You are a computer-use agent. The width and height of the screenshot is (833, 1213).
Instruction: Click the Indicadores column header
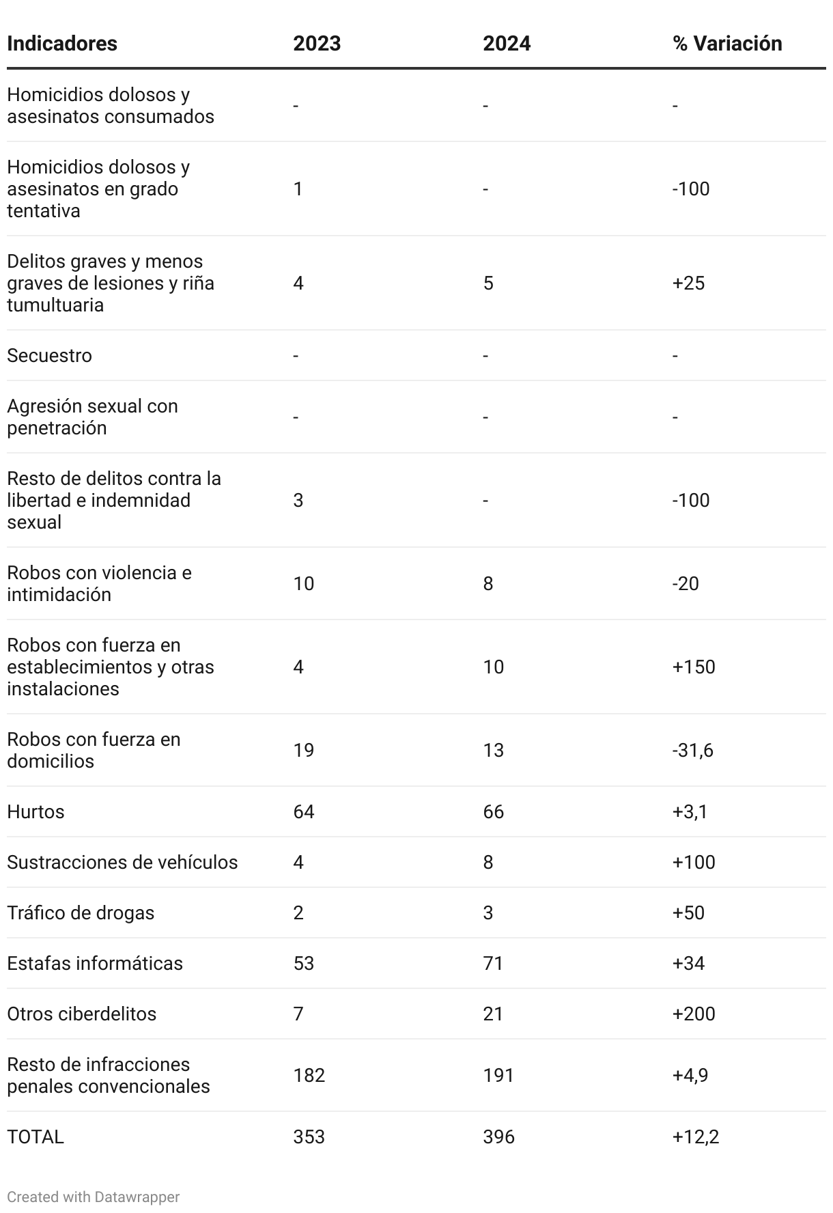tap(62, 43)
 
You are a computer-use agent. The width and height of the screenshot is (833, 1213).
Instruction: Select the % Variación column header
tap(727, 43)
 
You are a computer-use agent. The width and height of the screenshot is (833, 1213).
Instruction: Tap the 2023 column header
tap(317, 43)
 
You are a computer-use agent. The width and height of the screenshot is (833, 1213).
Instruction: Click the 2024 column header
tap(507, 43)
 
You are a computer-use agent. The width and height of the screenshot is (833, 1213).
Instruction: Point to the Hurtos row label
tap(36, 811)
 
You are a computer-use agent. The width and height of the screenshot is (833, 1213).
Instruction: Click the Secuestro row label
tap(49, 355)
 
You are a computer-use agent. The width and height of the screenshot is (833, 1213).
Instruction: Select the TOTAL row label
tap(36, 1137)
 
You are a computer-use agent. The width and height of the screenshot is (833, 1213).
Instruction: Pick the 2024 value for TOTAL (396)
tap(498, 1137)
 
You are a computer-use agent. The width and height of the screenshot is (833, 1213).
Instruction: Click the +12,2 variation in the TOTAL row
tap(696, 1137)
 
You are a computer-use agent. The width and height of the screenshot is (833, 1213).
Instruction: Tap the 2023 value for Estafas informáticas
tap(304, 963)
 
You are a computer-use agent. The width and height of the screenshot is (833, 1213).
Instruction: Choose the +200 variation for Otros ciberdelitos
tap(694, 1014)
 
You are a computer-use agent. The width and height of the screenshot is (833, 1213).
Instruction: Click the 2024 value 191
tap(498, 1075)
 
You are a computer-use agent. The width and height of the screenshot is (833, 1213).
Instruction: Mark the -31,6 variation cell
tap(692, 750)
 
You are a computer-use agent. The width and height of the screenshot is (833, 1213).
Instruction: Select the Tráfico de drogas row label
tap(81, 912)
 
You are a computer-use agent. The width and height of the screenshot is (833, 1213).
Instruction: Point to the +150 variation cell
tap(694, 667)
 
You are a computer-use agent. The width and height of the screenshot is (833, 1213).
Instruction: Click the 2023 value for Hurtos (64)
tap(304, 811)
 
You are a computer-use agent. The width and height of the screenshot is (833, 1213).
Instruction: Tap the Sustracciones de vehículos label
tap(122, 862)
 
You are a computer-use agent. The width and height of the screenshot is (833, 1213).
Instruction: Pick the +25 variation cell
tap(688, 283)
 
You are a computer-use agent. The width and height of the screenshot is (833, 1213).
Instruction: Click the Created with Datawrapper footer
tap(94, 1197)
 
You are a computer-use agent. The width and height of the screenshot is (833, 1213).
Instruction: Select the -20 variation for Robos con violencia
tap(686, 583)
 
